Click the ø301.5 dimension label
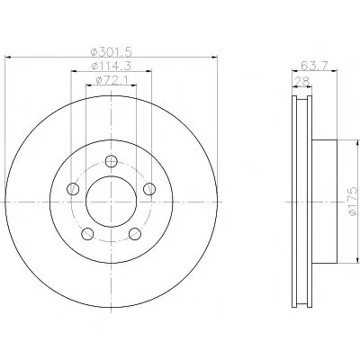(112, 51)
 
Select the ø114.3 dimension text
(112, 66)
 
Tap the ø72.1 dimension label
(112, 80)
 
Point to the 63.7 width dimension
(315, 65)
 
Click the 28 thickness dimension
(302, 81)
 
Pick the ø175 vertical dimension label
(354, 201)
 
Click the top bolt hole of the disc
(112, 161)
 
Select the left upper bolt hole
(73, 189)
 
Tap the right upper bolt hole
(149, 189)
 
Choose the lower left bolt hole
(87, 234)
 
